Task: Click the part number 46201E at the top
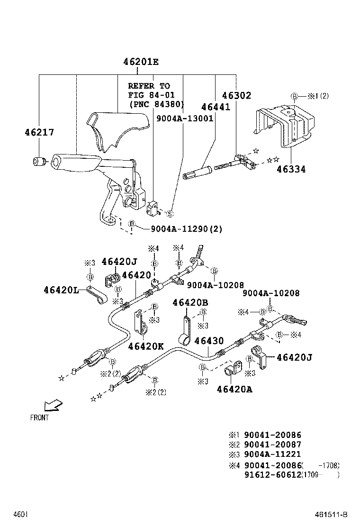pos(141,62)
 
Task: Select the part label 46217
pos(39,133)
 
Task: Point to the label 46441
pos(215,107)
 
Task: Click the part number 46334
pos(290,169)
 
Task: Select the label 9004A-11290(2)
pos(187,229)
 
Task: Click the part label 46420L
pos(61,290)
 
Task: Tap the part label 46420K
pos(145,346)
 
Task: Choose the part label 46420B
pos(190,302)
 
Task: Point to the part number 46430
pos(209,341)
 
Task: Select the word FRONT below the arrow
pos(39,418)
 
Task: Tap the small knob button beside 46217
pos(38,162)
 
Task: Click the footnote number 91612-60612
pos(272,475)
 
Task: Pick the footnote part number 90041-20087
pos(272,445)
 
